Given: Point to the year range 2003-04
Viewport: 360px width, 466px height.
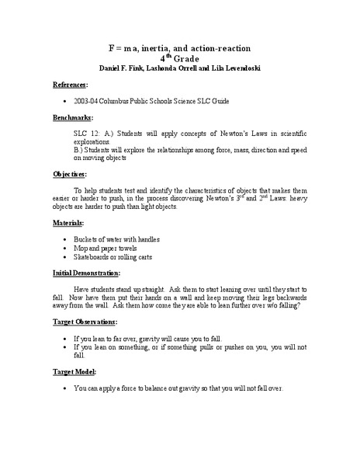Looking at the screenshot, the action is point(88,101).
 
